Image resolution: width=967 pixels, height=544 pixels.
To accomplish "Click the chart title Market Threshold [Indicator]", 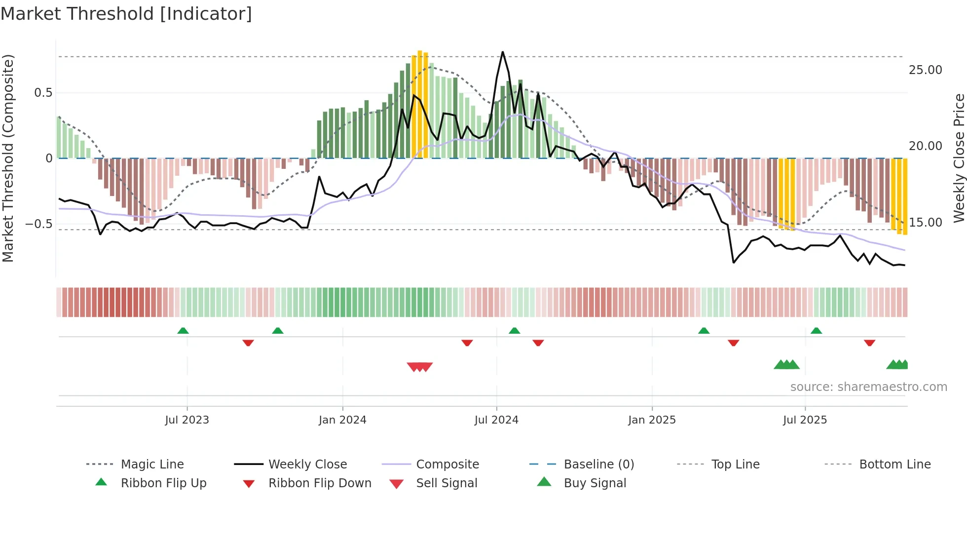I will click(126, 14).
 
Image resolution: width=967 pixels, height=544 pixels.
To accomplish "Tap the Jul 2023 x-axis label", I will click(187, 420).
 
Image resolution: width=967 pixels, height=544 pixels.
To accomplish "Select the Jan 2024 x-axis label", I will click(342, 420).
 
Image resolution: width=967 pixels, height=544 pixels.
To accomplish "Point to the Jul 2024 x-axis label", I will click(496, 420).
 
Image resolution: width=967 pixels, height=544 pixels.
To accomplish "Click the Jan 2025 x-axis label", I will click(652, 420).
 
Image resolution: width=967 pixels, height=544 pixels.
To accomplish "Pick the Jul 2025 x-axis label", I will click(805, 420).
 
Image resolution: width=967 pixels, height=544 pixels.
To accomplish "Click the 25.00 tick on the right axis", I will click(925, 70).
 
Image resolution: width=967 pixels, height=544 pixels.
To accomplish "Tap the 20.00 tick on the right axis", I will click(925, 146).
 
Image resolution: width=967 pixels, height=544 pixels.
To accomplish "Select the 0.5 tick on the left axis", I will click(43, 93).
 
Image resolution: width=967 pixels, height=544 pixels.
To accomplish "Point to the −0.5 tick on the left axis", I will click(39, 224).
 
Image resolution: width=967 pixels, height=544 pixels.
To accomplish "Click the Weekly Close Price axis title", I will click(959, 158).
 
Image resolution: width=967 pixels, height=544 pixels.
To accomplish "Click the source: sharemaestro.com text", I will click(868, 387).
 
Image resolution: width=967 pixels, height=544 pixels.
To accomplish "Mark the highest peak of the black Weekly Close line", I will click(503, 52).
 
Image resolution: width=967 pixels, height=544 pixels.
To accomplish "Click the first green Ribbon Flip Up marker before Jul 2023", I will click(183, 331).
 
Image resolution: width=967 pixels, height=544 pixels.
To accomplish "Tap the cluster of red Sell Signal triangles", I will click(419, 367).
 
